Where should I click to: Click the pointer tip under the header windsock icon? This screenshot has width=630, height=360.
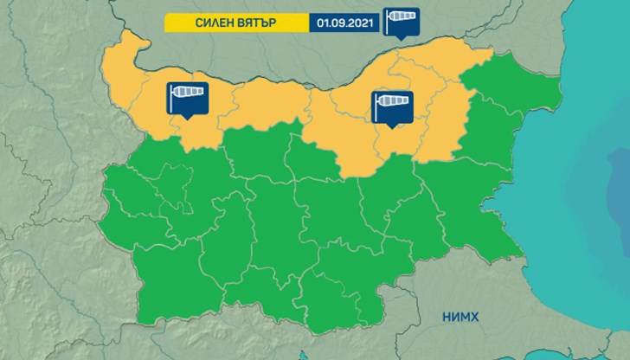coord(401,39)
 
